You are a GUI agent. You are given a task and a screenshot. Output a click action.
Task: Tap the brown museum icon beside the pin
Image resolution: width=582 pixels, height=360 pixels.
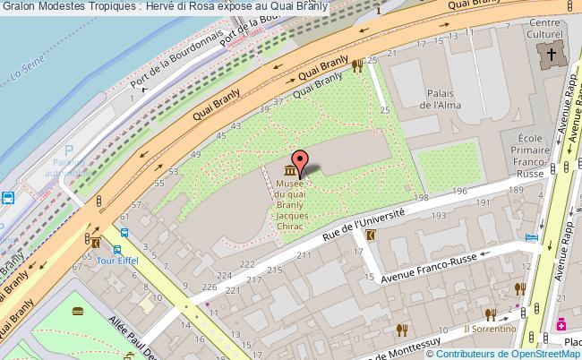[x=290, y=171]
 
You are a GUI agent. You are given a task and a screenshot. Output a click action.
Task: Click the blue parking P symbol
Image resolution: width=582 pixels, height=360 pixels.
[x=68, y=152]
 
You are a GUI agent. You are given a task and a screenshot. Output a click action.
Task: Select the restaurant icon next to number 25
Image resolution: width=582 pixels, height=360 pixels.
[x=356, y=64]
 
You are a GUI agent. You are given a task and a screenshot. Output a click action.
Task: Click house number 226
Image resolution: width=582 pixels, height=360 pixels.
[x=209, y=287]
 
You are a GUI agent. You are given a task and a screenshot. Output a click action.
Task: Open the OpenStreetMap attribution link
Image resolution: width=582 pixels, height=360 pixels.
[x=528, y=353]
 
